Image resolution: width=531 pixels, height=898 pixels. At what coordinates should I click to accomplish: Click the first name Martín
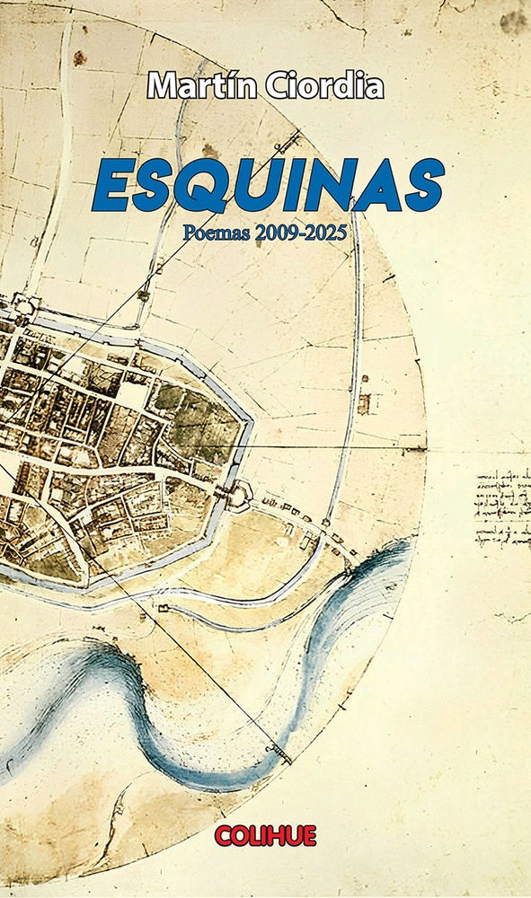[199, 86]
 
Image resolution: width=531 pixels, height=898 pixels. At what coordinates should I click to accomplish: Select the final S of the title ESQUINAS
[418, 185]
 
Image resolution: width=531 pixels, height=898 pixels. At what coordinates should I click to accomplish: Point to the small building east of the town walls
[363, 404]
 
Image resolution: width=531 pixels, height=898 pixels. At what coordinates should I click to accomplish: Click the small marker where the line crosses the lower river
[278, 748]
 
